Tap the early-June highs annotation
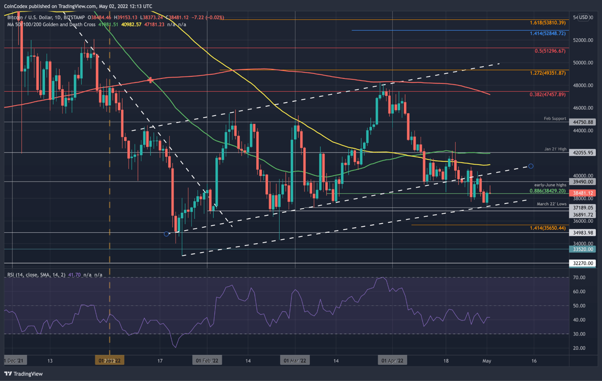[x=550, y=185]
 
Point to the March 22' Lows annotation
[x=551, y=204]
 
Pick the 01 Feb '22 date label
[x=207, y=361]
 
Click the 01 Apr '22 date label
[x=392, y=361]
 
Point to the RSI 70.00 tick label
[x=579, y=278]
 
